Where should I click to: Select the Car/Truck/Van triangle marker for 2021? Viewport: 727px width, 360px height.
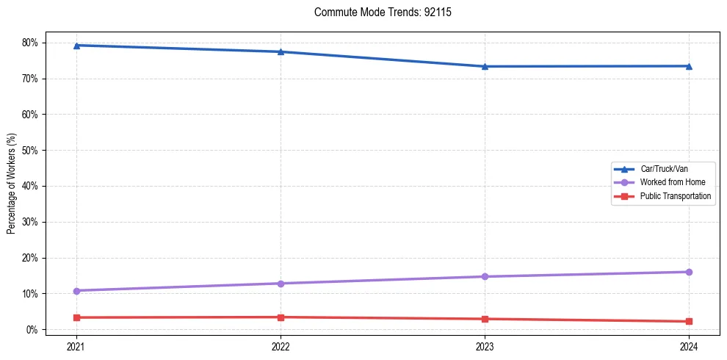76,46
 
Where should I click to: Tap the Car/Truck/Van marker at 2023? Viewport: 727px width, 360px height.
485,67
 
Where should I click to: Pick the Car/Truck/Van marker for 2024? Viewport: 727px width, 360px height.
689,66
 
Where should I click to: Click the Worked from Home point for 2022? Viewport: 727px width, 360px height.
281,284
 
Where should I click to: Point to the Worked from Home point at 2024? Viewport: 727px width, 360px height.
689,272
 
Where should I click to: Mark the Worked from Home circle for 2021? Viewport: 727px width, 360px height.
76,291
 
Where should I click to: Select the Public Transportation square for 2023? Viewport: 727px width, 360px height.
485,319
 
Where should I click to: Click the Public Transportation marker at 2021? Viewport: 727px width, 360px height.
76,317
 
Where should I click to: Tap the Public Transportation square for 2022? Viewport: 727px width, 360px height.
281,317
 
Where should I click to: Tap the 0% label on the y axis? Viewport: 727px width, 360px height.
32,330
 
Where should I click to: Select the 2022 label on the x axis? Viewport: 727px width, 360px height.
281,345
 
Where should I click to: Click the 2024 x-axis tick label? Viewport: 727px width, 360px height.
689,345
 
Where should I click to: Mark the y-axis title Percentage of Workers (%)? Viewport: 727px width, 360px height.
11,184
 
